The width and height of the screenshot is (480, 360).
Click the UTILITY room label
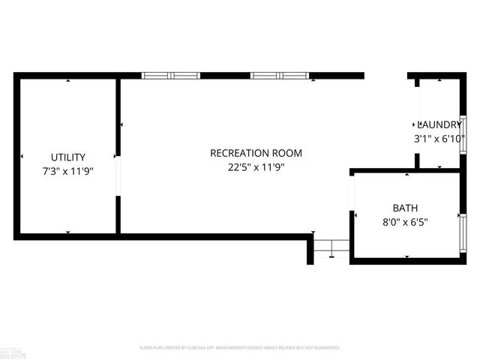coord(67,157)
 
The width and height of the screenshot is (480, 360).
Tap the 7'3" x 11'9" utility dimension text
coord(67,171)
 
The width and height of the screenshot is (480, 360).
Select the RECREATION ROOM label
coord(256,153)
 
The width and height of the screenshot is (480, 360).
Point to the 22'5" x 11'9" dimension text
coord(256,167)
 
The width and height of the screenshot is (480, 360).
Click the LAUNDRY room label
coord(439,124)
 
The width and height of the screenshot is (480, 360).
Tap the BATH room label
coord(405,208)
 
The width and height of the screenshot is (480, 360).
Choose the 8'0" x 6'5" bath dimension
coord(405,222)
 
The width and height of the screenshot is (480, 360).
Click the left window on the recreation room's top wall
coord(171,76)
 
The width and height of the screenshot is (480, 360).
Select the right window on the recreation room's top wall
coord(279,76)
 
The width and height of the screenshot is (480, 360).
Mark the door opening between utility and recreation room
coord(118,176)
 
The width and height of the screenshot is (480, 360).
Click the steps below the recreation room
coord(330,248)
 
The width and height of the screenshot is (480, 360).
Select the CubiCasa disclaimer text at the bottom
coord(240,348)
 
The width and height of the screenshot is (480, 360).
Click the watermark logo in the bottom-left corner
coord(10,351)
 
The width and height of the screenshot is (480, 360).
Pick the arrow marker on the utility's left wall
coord(22,157)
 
